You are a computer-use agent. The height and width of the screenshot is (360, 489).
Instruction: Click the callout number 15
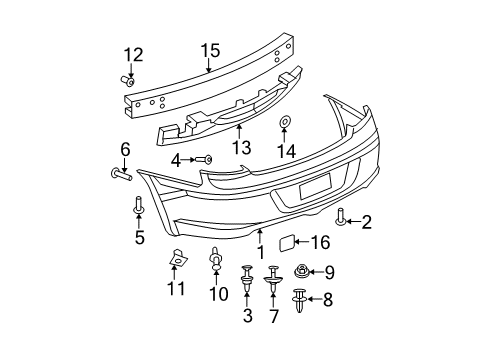[209, 50]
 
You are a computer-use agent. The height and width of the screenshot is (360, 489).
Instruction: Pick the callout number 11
[176, 290]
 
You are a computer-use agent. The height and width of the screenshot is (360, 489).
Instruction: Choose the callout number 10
[215, 296]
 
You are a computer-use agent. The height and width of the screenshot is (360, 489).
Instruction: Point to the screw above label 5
[139, 207]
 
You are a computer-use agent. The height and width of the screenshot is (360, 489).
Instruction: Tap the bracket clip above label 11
[176, 260]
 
